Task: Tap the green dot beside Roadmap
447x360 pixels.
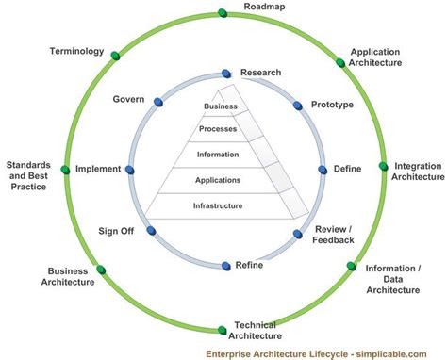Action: (223, 13)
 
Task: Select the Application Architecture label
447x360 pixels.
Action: (376, 57)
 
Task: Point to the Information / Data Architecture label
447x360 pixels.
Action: (392, 279)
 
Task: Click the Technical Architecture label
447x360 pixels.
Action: (255, 330)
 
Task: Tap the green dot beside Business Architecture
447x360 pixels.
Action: (102, 269)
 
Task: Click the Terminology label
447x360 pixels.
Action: (75, 51)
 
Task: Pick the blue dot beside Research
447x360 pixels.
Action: (226, 74)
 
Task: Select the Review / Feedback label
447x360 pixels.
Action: (335, 235)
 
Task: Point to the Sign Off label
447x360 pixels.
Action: (117, 231)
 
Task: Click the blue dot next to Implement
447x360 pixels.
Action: (130, 170)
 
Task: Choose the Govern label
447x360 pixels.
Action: (128, 99)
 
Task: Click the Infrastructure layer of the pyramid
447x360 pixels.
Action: (218, 205)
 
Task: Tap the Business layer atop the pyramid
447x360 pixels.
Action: (219, 106)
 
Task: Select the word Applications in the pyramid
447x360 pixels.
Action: (218, 180)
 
